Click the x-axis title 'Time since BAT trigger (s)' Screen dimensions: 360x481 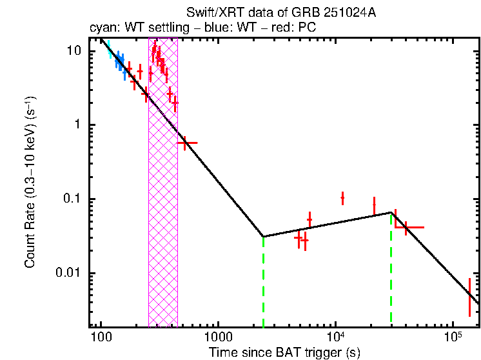coord(284,352)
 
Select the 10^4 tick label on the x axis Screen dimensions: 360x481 coord(335,337)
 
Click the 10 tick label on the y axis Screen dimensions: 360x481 coord(74,51)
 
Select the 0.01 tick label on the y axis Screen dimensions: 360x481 coord(68,273)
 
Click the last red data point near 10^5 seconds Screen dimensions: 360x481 coord(469,297)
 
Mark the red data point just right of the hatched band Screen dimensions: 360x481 coord(186,143)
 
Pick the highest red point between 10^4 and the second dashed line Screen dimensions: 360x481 coord(342,197)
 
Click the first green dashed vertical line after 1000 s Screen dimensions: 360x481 coord(264,284)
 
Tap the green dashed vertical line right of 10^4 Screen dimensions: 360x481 coord(391,271)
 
